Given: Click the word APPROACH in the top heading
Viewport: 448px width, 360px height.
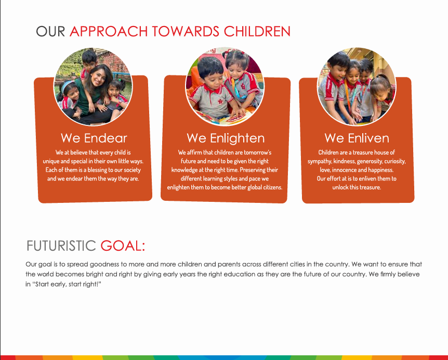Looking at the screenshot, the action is coord(109,31).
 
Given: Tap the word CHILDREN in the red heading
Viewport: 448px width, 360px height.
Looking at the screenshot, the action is coord(257,31).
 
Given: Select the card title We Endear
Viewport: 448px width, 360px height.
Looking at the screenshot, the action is coord(94,138).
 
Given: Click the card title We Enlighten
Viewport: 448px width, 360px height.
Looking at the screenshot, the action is coord(226,138).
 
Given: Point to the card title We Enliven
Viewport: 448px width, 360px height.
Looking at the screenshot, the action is coord(357,138).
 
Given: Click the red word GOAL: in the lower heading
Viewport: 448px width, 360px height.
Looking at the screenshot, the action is coord(123,246).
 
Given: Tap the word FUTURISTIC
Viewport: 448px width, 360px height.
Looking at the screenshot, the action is coord(61,246).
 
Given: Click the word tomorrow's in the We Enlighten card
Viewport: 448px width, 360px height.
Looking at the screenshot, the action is coord(257,152).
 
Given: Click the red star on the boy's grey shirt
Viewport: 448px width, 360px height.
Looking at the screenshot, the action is coord(220,101).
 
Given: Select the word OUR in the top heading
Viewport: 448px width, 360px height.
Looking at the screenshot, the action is coord(50,31).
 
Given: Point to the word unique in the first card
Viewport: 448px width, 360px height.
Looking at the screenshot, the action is coord(51,162).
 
